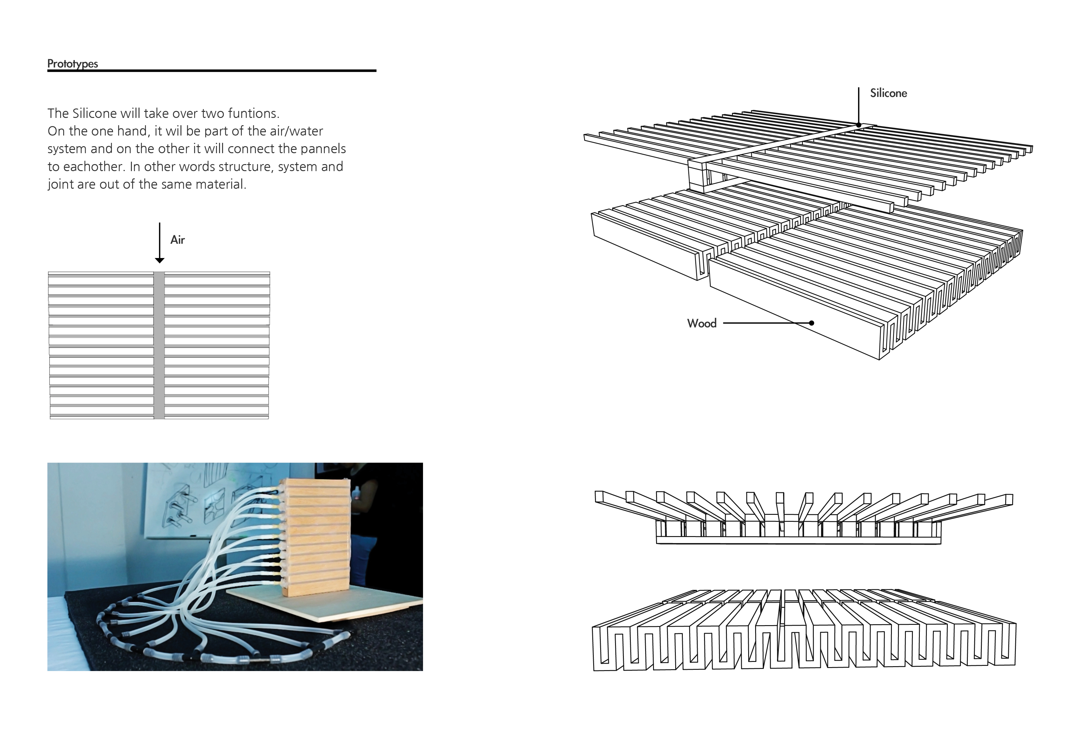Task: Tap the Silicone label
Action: (x=888, y=93)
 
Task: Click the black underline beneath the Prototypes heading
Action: (x=212, y=71)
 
